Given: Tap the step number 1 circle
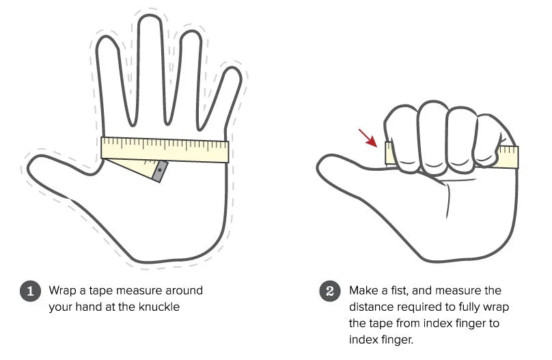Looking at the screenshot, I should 29,290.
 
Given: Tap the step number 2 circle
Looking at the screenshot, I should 329,290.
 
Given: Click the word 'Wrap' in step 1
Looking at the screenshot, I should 62,290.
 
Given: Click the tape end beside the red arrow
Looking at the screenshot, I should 390,153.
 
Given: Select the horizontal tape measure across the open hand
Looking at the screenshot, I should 165,150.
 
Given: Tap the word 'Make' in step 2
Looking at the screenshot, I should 363,290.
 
